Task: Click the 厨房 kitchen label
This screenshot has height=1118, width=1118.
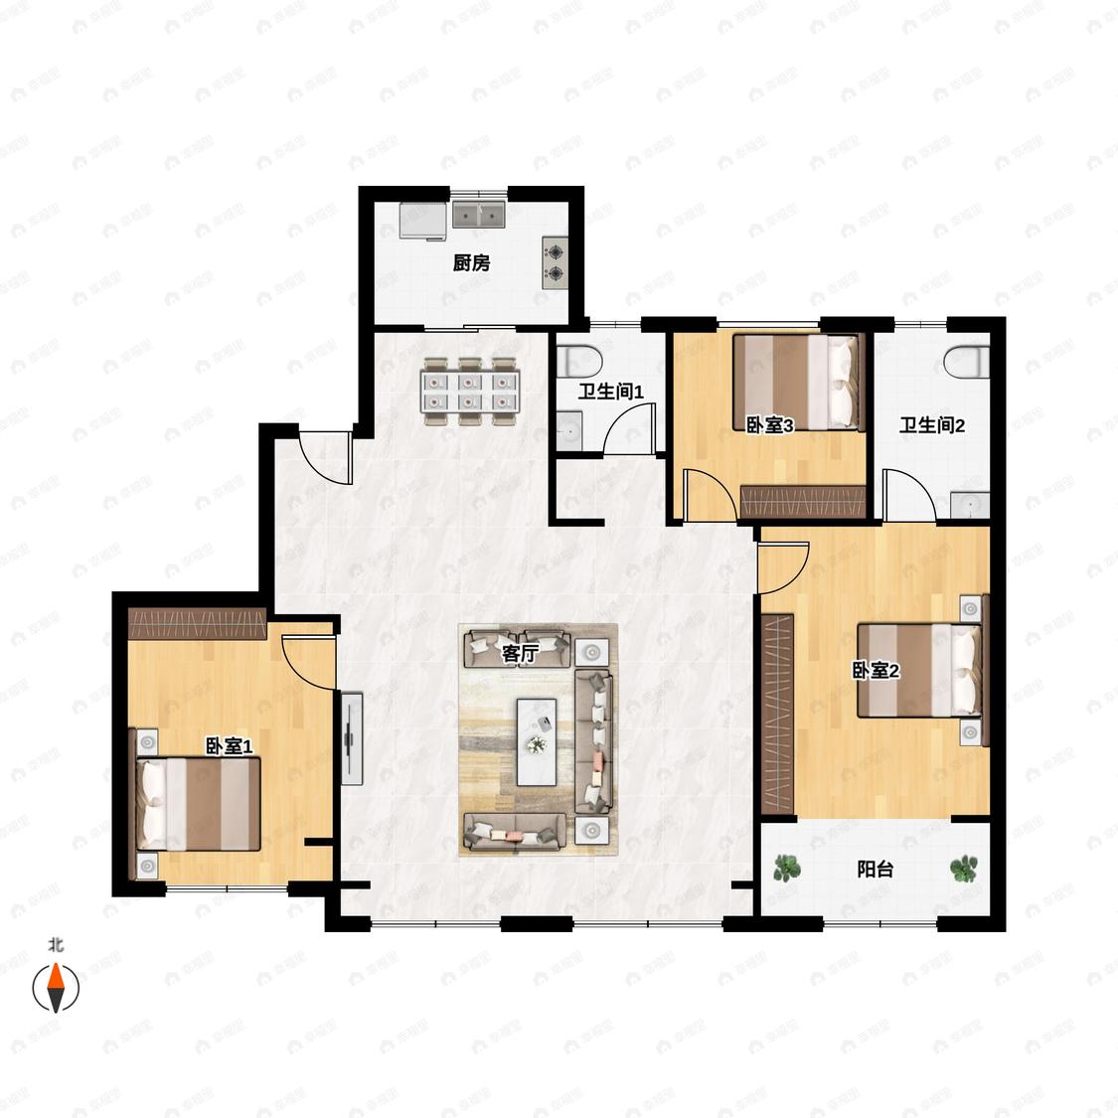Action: (x=471, y=263)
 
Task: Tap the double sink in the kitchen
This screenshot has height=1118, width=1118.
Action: (x=479, y=214)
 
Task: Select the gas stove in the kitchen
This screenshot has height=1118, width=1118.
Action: (x=555, y=262)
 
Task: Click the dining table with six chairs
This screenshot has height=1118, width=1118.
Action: (x=470, y=392)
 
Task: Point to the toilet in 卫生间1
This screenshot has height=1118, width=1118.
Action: (x=579, y=362)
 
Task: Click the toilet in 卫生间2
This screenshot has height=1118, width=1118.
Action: (x=967, y=362)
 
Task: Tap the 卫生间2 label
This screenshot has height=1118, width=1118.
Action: (x=932, y=425)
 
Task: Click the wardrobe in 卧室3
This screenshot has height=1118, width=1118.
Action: (x=803, y=501)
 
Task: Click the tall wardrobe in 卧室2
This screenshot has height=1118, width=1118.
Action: (x=777, y=713)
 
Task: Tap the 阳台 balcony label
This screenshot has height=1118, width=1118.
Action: (x=875, y=870)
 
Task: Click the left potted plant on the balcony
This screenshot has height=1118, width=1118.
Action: (x=786, y=869)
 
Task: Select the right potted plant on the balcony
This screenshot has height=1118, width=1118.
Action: (x=963, y=869)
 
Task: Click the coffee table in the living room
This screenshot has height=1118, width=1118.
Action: (x=537, y=741)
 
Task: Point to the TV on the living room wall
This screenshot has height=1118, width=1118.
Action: (x=352, y=738)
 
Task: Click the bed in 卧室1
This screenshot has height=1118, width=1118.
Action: (x=198, y=804)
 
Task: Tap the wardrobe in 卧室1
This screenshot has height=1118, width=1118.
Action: (x=197, y=624)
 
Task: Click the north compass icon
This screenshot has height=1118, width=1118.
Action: (x=56, y=988)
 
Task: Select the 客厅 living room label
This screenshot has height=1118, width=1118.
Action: (x=520, y=653)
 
